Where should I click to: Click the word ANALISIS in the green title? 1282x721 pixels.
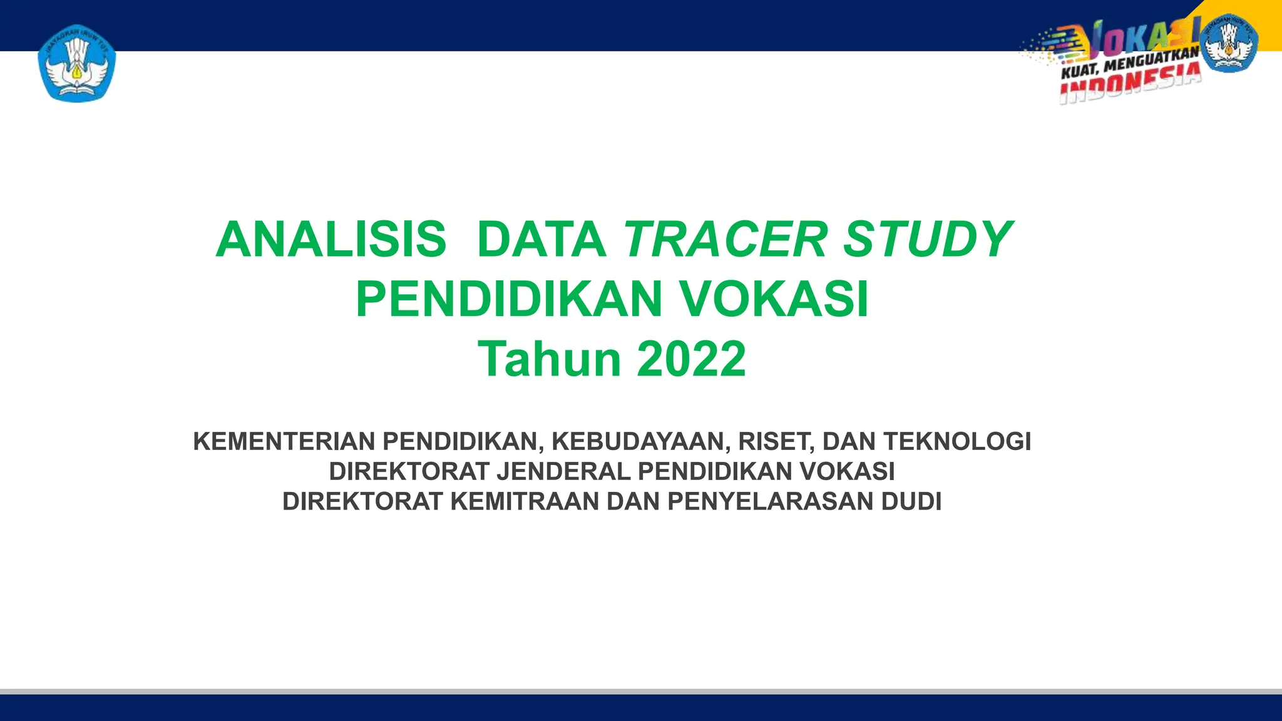[331, 240]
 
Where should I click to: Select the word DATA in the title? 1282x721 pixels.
[541, 240]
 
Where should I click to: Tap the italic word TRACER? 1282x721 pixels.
[726, 240]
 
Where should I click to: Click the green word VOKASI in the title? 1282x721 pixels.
[774, 300]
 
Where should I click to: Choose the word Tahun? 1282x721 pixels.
[550, 359]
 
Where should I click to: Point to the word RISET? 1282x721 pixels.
[776, 441]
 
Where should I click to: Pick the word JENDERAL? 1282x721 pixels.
[563, 471]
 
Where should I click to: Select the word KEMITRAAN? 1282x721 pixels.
[525, 501]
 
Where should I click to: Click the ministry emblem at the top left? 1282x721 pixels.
[77, 63]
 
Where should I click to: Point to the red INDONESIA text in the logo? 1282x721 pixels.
[1130, 86]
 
